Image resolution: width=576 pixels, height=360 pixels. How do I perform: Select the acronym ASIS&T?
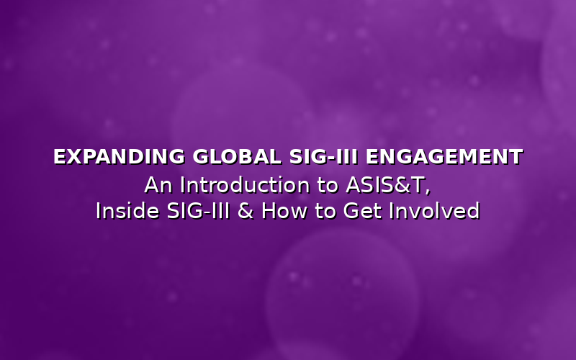tap(382, 185)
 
